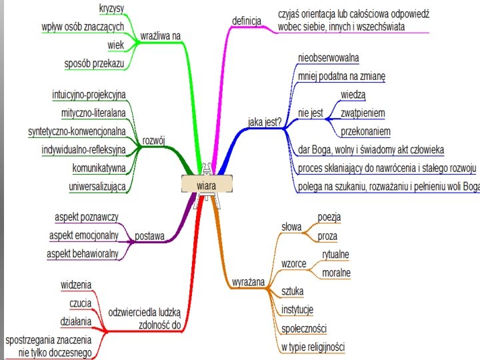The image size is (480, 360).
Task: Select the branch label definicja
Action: point(246,20)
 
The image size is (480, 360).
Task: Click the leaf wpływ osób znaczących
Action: point(83,26)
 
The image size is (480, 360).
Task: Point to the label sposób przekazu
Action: point(94,64)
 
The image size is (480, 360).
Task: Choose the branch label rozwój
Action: point(154,141)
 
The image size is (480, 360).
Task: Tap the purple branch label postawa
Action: point(150,235)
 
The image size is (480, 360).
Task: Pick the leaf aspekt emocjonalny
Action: point(83,235)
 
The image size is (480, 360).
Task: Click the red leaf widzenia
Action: point(76,285)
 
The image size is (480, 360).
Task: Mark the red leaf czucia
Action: point(80,303)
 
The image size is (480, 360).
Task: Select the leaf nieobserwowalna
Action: point(329,58)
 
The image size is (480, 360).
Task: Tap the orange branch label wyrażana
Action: point(248,282)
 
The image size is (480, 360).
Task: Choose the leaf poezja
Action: point(329,217)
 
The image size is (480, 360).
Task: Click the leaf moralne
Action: point(336,273)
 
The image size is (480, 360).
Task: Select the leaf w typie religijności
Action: point(313,347)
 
